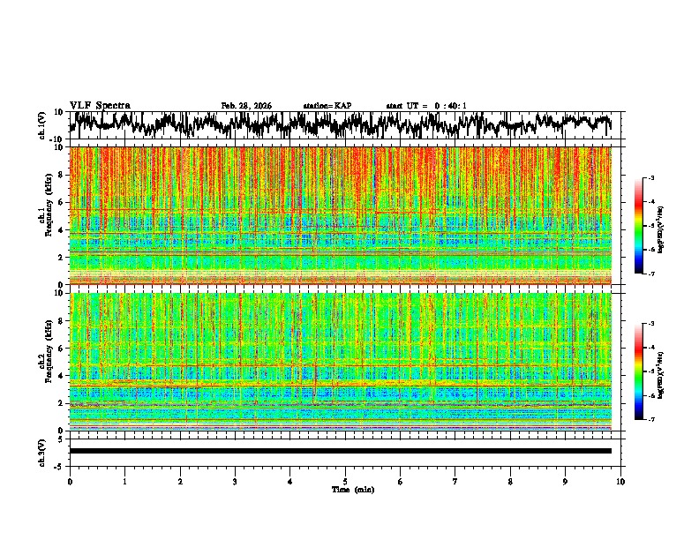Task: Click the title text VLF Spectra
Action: (x=100, y=106)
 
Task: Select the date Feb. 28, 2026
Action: (x=246, y=106)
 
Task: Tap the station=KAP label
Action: (x=327, y=106)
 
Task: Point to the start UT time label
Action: (x=426, y=106)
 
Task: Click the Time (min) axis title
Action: (x=345, y=489)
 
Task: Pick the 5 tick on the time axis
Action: (x=345, y=481)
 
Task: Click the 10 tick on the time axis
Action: (x=620, y=481)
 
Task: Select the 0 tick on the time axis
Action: (x=70, y=481)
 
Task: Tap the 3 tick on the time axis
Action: (x=235, y=481)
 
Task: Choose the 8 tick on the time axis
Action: (x=510, y=481)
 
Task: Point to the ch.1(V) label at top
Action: (x=43, y=125)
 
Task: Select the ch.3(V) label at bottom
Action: (x=43, y=451)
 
